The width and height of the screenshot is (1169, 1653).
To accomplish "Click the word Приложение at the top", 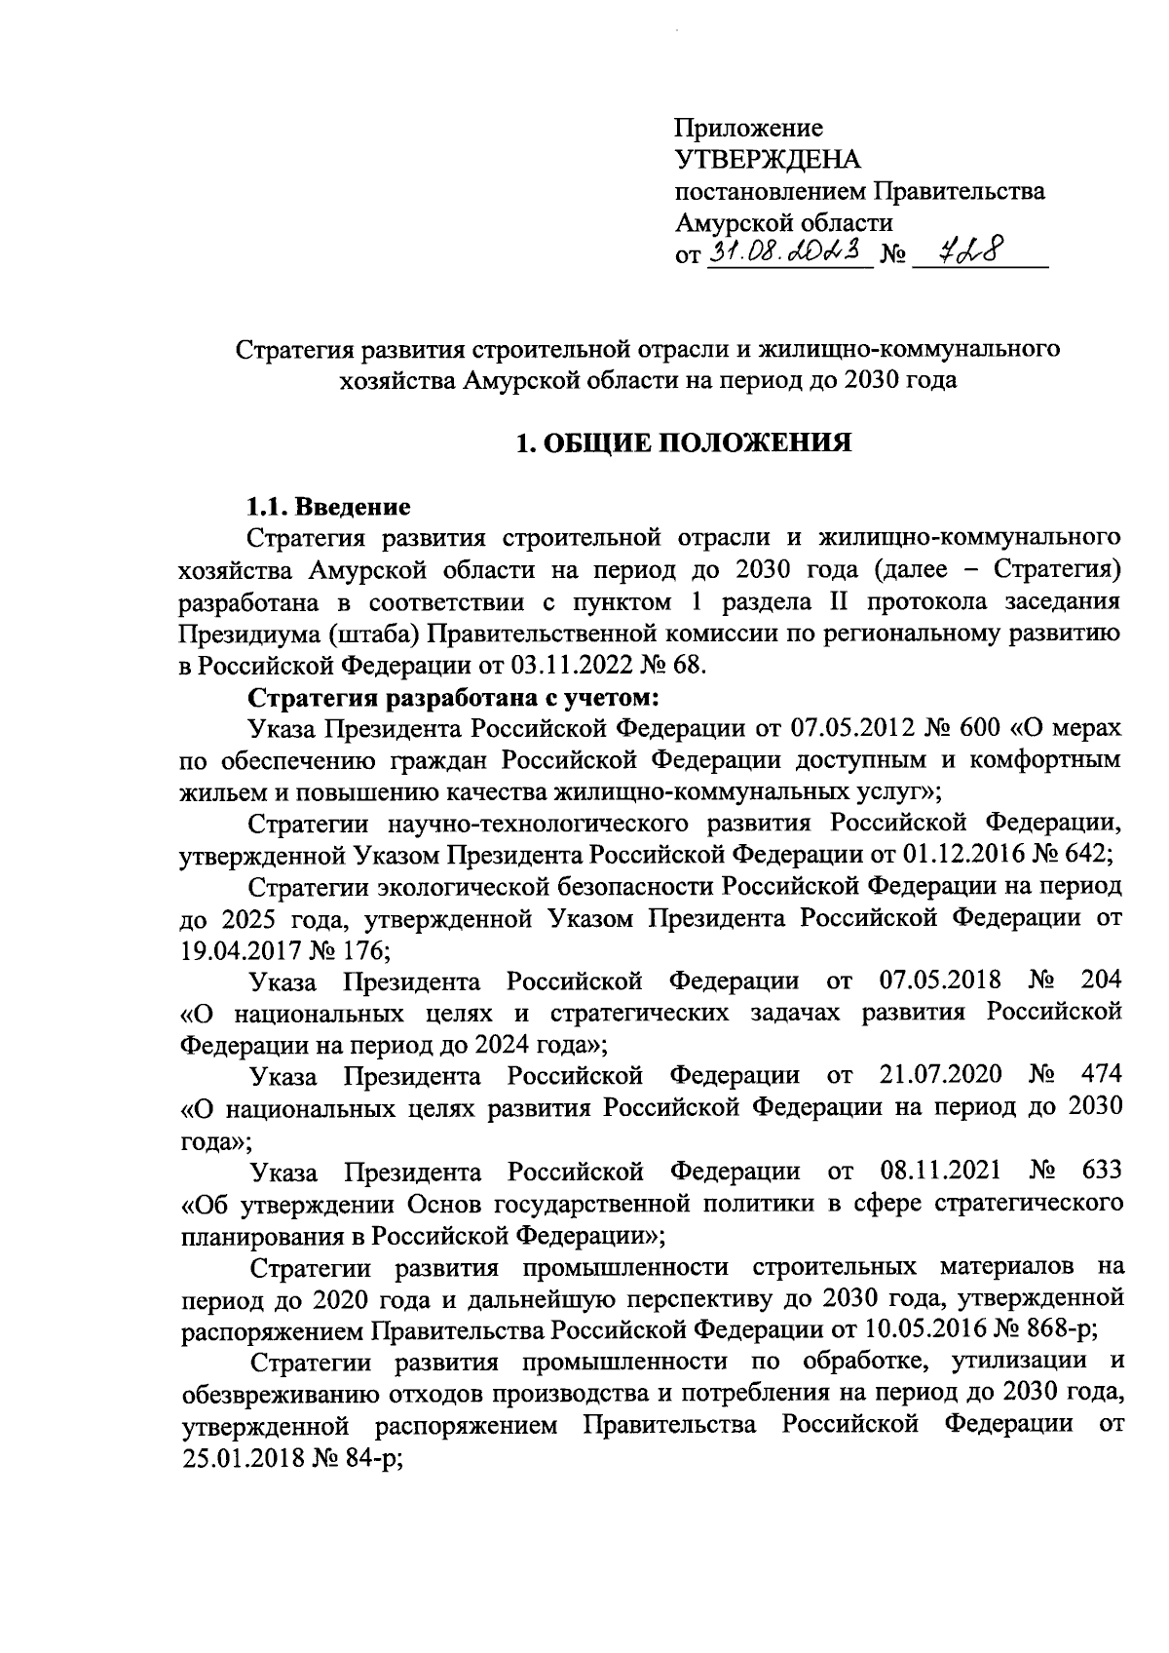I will click(749, 128).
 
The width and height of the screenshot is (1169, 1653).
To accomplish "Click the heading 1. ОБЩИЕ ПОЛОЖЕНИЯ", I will click(683, 444).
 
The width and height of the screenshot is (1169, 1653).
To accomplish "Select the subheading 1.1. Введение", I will click(327, 507).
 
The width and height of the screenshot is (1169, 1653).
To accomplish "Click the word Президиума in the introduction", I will click(259, 634).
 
